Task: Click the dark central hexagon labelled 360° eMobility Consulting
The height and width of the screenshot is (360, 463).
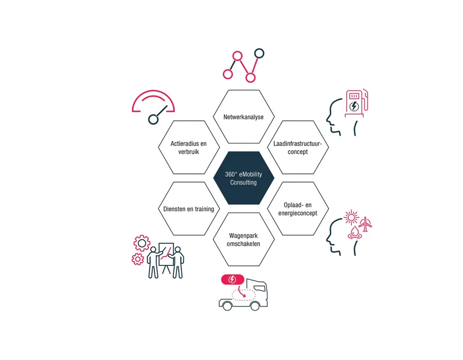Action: click(x=244, y=178)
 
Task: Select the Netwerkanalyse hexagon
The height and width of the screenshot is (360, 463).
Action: click(x=244, y=117)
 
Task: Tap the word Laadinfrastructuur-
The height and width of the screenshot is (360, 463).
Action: click(x=297, y=143)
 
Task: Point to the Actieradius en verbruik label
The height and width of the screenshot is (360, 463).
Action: click(x=189, y=148)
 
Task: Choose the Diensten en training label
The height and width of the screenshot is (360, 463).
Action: click(x=189, y=209)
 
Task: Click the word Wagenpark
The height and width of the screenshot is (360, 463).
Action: click(x=244, y=236)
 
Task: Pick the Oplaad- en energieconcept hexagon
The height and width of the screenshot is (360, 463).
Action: click(x=298, y=209)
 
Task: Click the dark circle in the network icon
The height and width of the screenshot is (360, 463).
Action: click(x=259, y=53)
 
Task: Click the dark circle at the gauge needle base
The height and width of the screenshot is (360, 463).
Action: click(x=153, y=119)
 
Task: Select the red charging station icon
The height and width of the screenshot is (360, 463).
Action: click(x=357, y=103)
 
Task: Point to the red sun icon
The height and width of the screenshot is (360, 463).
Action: click(x=351, y=218)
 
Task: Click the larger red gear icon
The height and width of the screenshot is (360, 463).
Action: click(x=142, y=243)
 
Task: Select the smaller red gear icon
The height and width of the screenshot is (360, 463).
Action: click(x=137, y=259)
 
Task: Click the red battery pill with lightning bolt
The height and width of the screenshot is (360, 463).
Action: click(x=233, y=279)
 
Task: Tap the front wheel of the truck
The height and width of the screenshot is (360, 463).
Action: click(x=255, y=305)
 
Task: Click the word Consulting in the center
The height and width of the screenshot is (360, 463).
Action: click(x=243, y=183)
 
